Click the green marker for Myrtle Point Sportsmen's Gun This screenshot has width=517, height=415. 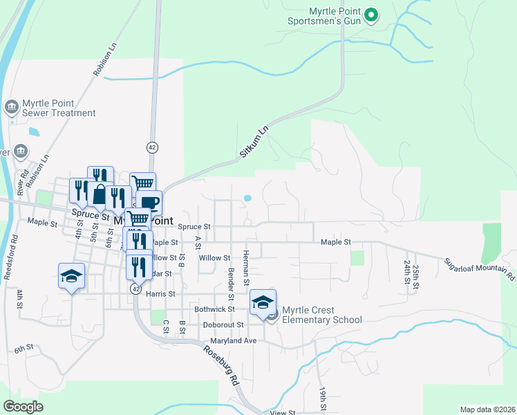point(371,15)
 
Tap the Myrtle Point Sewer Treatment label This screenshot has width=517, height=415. point(59,108)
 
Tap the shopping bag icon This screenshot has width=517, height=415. point(100,194)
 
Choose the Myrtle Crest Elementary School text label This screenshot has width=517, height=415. point(321,314)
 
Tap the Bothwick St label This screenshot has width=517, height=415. point(215,309)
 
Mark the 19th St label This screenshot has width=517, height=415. point(323,399)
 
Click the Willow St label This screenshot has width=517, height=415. point(214,258)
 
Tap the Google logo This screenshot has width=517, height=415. point(23,406)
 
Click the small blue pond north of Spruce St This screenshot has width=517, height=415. point(247,199)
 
